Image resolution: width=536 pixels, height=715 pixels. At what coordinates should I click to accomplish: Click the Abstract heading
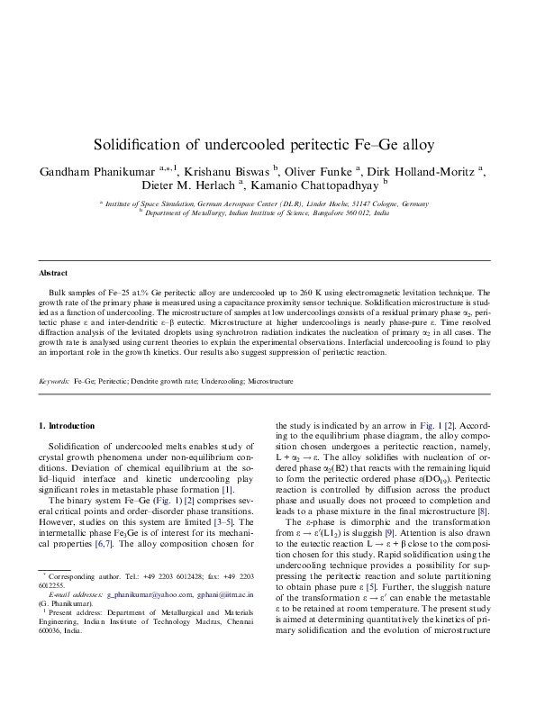(53, 273)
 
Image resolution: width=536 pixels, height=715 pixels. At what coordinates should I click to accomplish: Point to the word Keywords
(53, 382)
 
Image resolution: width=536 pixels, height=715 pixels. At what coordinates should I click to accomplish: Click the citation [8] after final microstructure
(483, 511)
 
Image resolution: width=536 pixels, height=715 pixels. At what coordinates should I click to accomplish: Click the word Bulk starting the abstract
(56, 294)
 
